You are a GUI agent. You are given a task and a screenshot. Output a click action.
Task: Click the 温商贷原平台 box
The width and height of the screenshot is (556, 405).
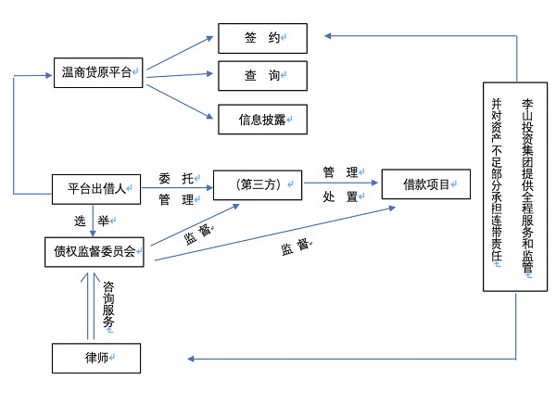point(97,73)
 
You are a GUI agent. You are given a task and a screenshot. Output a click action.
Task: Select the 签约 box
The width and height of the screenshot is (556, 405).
point(262,38)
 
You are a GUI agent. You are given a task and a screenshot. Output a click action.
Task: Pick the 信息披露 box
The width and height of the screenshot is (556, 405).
point(262,118)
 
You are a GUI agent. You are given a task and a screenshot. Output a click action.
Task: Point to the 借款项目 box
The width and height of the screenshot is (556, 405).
point(427,184)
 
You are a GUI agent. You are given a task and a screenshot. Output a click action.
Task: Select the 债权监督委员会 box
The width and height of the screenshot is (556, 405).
point(96,252)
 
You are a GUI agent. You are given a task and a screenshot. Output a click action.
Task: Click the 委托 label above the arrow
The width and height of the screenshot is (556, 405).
point(176,176)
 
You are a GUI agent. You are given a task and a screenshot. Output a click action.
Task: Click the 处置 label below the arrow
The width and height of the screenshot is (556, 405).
point(340,196)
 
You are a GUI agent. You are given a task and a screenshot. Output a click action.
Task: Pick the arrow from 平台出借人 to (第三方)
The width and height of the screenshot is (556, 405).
point(176,188)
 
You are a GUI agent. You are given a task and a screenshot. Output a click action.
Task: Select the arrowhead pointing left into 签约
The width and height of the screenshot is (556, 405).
point(330,37)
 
